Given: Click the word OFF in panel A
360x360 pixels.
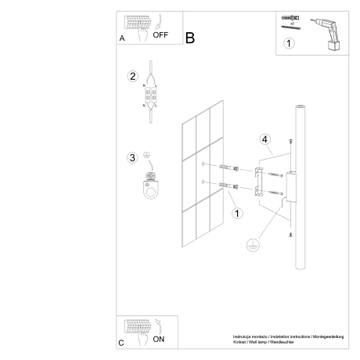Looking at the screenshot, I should (x=160, y=35).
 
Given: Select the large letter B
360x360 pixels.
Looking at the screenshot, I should (x=189, y=38).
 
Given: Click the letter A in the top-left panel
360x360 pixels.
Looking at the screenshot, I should (x=121, y=38).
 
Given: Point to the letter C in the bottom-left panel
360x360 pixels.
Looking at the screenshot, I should (x=121, y=343).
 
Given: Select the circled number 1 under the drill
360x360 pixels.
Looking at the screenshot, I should (x=289, y=44).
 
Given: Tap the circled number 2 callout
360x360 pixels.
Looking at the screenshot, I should (x=133, y=76).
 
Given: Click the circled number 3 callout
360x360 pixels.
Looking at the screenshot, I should (x=133, y=158).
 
